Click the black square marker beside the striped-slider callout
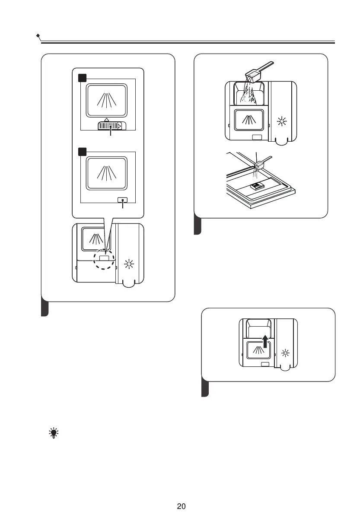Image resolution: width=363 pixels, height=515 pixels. pos(82,78)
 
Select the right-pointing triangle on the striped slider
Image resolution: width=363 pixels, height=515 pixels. pos(120,126)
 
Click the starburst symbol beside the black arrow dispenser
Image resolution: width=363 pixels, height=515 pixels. pos(285,353)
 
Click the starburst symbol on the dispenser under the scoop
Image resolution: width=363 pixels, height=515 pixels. pos(282,121)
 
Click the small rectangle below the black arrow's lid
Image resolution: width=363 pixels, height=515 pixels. pos(264,365)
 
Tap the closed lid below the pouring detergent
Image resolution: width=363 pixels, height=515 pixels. pos(249,121)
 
